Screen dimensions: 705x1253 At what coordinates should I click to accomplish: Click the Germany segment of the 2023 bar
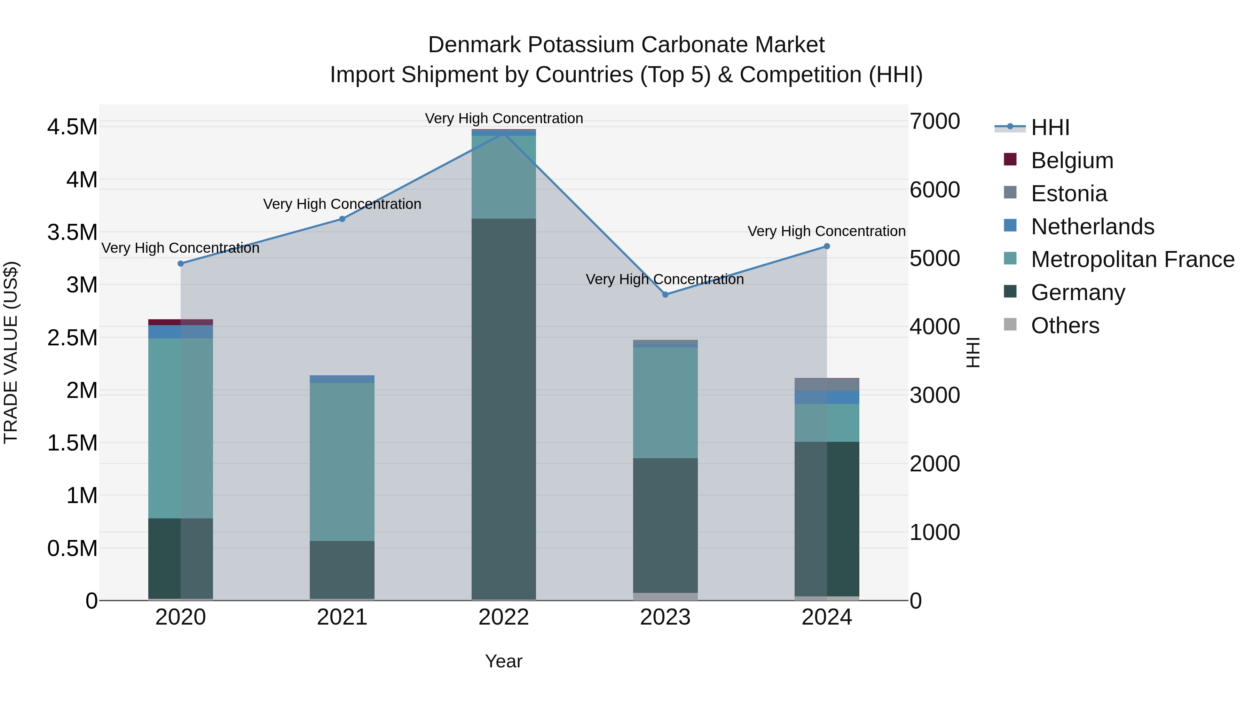pos(665,525)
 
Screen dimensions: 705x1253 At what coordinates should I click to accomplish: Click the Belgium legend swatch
pos(1010,159)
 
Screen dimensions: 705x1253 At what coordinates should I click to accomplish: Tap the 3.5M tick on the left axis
pos(72,233)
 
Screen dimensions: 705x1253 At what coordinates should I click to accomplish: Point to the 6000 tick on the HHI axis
pos(935,190)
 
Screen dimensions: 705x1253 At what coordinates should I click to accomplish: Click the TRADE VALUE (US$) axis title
pos(11,352)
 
